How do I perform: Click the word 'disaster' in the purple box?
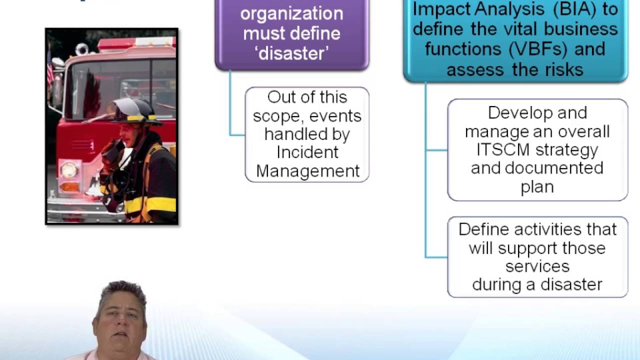click(292, 53)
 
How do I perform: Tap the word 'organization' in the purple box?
click(291, 13)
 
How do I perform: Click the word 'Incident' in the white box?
click(307, 152)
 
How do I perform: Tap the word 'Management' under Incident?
click(307, 171)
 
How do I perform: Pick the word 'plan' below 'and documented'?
click(537, 186)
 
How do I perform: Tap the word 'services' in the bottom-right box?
click(537, 266)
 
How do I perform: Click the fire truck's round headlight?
click(68, 169)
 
